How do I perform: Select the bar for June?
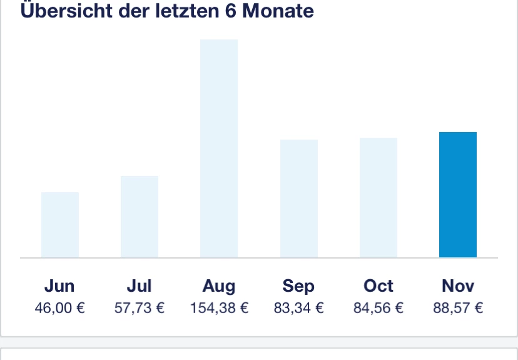[60, 225]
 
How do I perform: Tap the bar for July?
[140, 217]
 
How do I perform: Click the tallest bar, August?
[219, 148]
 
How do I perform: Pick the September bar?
[299, 198]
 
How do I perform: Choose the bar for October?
[378, 197]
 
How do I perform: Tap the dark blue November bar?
[458, 195]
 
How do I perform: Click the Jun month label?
[60, 286]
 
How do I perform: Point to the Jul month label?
[140, 286]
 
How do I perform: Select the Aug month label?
[219, 287]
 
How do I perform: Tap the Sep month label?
[299, 287]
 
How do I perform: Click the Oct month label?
[378, 286]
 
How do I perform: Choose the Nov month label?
[458, 286]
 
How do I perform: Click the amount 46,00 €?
[60, 308]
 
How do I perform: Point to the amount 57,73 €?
[140, 308]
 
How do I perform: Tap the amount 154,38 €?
[219, 308]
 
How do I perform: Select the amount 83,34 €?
[299, 308]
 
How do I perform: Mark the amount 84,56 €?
[378, 308]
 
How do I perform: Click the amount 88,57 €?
[458, 308]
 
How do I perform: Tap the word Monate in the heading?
[278, 11]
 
